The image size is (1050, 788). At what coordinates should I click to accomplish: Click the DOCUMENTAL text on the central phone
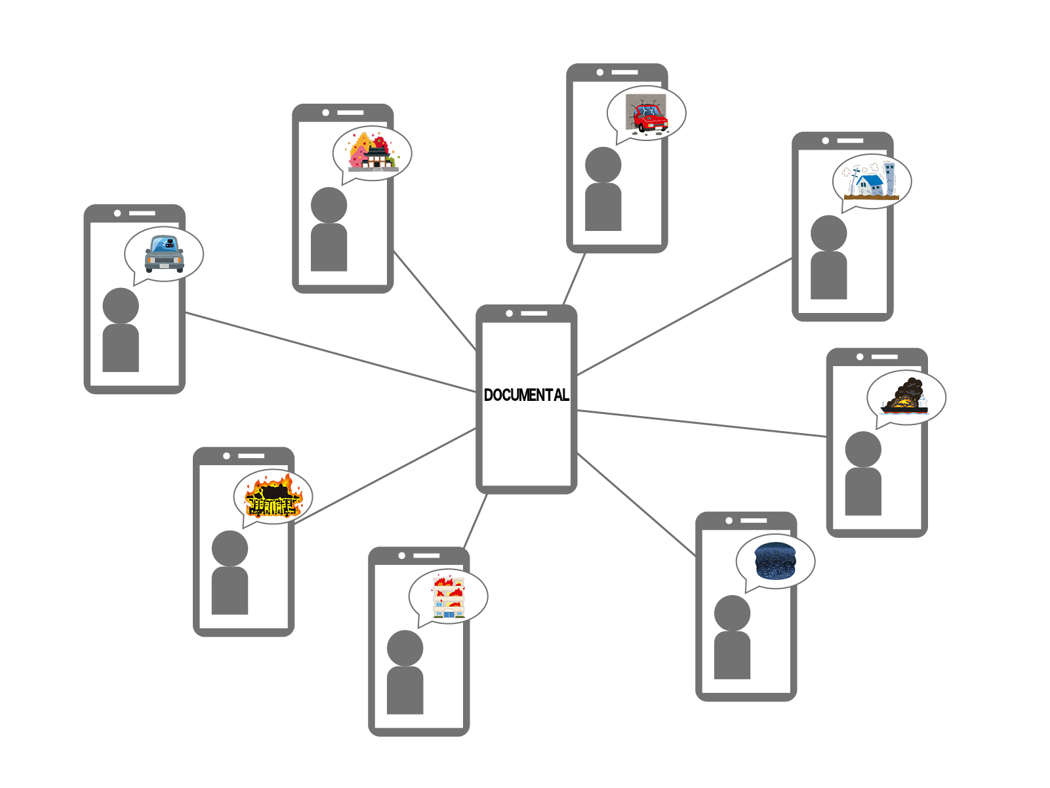[526, 395]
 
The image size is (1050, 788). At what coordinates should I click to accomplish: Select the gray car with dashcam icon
[164, 254]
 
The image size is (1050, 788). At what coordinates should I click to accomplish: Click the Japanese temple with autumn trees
[373, 153]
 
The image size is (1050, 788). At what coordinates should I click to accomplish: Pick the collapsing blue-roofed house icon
[872, 180]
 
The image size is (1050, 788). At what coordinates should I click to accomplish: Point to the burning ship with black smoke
[905, 398]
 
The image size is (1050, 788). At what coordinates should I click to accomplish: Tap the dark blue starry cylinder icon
[775, 561]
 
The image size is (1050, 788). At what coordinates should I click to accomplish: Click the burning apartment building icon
[449, 596]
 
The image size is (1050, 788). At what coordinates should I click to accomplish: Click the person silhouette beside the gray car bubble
[121, 331]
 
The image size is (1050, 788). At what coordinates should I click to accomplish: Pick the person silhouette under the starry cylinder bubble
[732, 638]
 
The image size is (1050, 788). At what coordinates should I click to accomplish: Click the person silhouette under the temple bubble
[329, 230]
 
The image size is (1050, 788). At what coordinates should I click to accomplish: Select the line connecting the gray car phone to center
[328, 352]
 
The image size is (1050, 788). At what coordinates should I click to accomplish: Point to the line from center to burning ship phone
[702, 423]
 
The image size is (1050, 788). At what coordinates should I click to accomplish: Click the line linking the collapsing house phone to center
[685, 317]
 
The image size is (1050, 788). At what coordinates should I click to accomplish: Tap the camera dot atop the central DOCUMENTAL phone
[509, 314]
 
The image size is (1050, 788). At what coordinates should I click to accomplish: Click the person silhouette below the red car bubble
[603, 190]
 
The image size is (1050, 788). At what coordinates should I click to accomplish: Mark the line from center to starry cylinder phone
[636, 505]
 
